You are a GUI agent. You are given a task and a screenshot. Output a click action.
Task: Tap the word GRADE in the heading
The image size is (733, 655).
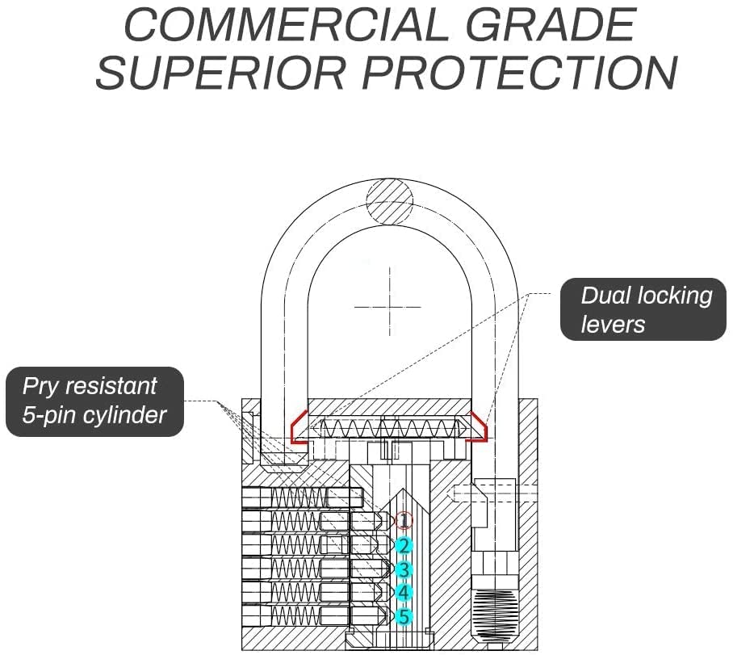point(551,25)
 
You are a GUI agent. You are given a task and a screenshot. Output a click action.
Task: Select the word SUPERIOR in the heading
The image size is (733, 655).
point(220,73)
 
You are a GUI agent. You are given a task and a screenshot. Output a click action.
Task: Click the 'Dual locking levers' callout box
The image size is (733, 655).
point(643,309)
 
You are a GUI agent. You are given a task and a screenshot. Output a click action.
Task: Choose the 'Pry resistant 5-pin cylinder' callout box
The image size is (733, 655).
point(94,401)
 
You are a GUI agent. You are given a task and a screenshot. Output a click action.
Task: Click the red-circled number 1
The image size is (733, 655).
point(404,520)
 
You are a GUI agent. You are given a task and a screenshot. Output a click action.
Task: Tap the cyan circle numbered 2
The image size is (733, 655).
point(404,545)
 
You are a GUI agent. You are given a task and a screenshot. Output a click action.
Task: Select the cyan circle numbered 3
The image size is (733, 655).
point(404,570)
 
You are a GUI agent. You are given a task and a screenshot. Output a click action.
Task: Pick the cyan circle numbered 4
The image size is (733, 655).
point(404,592)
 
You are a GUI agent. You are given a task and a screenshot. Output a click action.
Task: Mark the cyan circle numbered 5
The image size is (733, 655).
point(404,616)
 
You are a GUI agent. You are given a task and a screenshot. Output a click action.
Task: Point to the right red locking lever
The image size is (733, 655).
point(477,426)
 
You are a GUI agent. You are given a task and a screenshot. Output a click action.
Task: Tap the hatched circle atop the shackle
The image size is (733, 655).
point(390,201)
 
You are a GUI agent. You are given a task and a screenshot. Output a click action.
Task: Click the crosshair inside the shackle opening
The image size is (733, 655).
point(389,308)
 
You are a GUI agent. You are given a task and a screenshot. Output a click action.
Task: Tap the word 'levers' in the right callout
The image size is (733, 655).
point(613,324)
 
